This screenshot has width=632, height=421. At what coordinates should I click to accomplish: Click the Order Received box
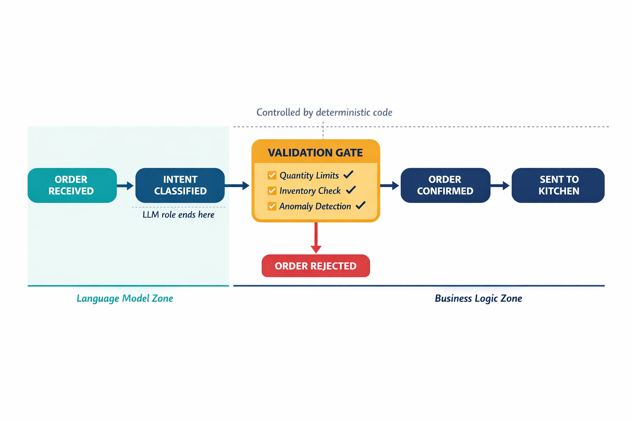[72, 185]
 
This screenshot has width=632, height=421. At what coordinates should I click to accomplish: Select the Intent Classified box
[180, 185]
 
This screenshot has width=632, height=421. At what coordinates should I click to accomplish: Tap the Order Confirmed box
[445, 185]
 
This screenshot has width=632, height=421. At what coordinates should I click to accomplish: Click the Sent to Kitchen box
[558, 185]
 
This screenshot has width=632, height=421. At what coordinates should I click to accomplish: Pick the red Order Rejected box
[316, 266]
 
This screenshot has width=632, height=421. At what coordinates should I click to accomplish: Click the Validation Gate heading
[316, 153]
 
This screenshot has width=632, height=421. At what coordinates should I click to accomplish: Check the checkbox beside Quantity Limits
[272, 175]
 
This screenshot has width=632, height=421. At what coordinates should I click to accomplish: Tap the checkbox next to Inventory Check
[272, 191]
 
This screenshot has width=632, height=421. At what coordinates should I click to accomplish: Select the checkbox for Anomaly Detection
[272, 206]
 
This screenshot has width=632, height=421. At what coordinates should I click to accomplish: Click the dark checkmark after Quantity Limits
[349, 175]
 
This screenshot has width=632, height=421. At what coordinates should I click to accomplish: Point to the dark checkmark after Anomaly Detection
[360, 205]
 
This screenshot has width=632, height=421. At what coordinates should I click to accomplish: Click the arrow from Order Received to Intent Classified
[125, 185]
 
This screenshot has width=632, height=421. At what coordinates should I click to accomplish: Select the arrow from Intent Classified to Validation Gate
[237, 185]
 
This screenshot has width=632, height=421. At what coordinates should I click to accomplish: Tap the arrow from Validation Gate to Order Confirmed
[390, 185]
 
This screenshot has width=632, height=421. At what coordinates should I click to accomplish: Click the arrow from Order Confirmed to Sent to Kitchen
[500, 185]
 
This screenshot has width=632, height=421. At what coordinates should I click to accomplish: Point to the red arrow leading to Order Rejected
[316, 238]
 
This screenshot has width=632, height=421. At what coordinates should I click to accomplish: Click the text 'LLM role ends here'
[178, 215]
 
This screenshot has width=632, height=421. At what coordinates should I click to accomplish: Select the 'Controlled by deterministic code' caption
[324, 113]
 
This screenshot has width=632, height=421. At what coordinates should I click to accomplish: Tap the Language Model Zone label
[125, 298]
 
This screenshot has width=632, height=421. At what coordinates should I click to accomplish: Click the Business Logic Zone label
[479, 298]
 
